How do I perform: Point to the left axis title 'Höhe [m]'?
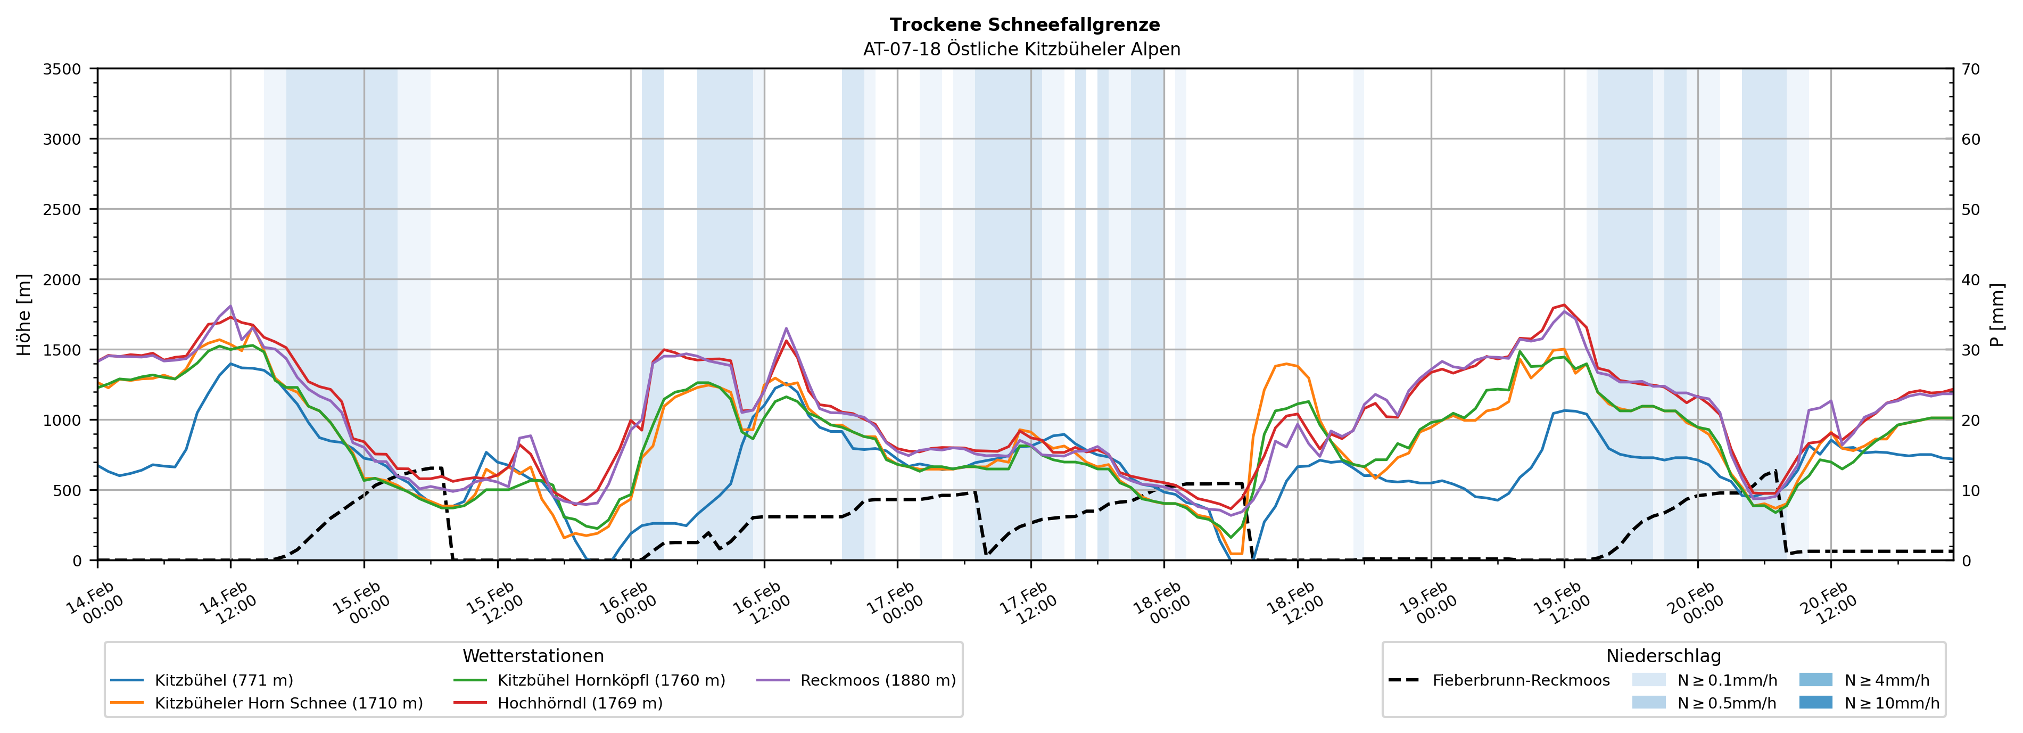tap(24, 314)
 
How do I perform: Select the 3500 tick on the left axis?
tap(62, 69)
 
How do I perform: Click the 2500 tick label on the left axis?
tap(62, 210)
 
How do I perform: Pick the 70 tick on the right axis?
tap(1970, 69)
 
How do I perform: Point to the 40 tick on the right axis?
tap(1970, 279)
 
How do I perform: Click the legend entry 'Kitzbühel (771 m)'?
tap(223, 680)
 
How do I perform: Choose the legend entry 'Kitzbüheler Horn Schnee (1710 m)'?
tap(288, 703)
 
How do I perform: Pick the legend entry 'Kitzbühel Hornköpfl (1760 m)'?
tap(611, 680)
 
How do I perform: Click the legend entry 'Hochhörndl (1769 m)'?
tap(580, 703)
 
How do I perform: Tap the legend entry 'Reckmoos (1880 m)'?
tap(877, 680)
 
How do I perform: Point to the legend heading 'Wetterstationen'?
tap(533, 656)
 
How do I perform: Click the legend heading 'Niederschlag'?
tap(1663, 656)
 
